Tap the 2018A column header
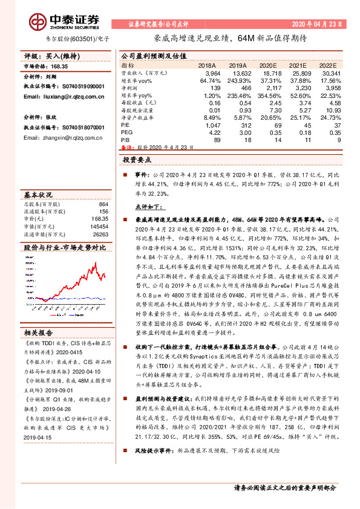207,65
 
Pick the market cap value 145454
99,226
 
